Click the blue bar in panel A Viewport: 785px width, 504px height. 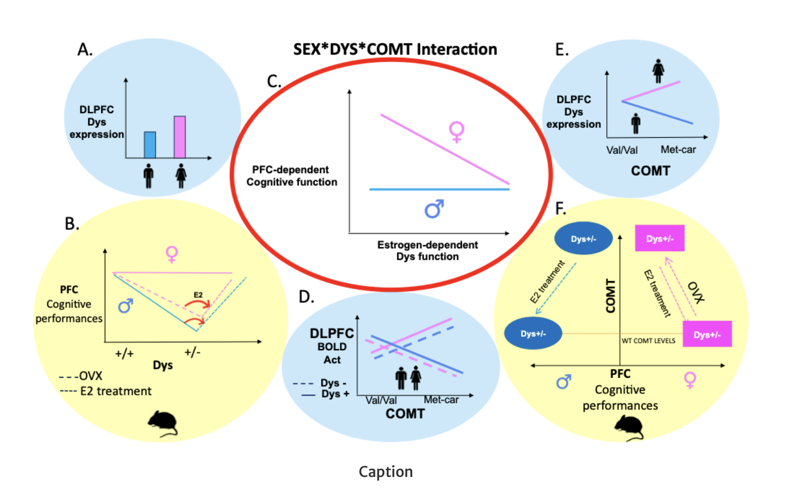tap(150, 145)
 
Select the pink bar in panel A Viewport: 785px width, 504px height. tap(180, 137)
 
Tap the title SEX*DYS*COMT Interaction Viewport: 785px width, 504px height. tap(395, 49)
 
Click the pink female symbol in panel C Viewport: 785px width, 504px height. tap(456, 132)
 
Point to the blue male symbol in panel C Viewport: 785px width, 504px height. tap(434, 209)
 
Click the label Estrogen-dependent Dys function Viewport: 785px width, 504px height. tap(427, 250)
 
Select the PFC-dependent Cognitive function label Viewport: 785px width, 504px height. tap(292, 176)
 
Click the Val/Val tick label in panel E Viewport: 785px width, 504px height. tap(621, 150)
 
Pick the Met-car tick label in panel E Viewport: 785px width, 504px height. tap(678, 150)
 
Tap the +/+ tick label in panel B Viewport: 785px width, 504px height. tap(124, 353)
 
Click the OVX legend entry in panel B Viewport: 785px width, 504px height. tap(81, 376)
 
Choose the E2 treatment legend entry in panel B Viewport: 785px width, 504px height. tap(106, 391)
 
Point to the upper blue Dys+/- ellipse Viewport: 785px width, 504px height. tap(584, 239)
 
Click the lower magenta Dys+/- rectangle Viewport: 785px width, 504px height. tap(707, 335)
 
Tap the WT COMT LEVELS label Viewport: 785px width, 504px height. tap(648, 341)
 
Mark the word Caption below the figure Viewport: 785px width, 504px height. tap(386, 472)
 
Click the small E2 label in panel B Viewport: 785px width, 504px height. tap(198, 295)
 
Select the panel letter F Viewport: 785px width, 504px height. tap(561, 208)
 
